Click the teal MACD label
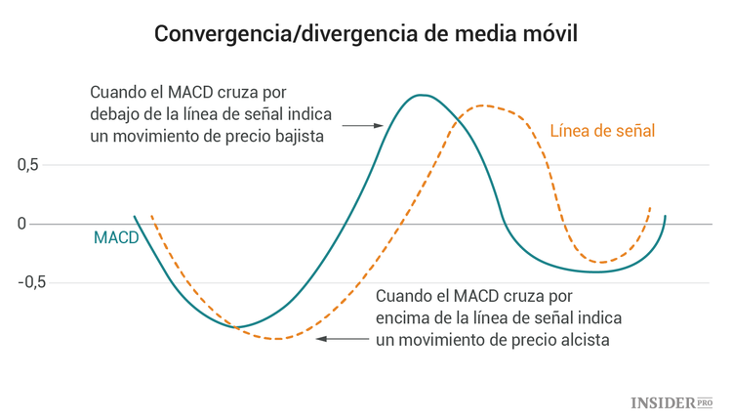pyautogui.click(x=115, y=237)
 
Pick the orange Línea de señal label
pyautogui.click(x=602, y=130)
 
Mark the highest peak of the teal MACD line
pyautogui.click(x=421, y=95)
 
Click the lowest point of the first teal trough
pyautogui.click(x=237, y=327)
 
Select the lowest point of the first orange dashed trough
pyautogui.click(x=278, y=339)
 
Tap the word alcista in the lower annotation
pyautogui.click(x=583, y=341)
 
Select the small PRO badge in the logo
pyautogui.click(x=704, y=401)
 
